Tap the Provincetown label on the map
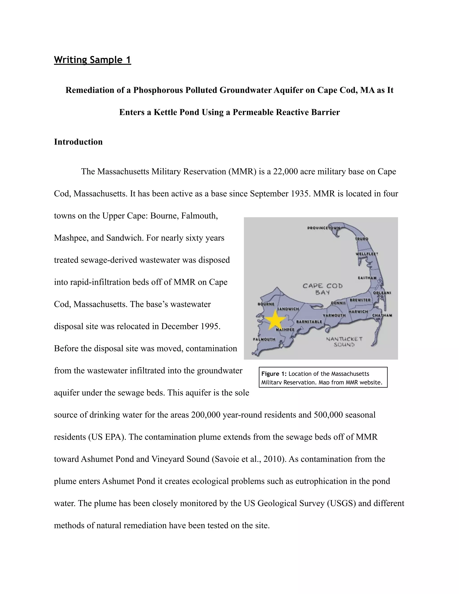[x=324, y=228]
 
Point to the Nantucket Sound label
[x=344, y=342]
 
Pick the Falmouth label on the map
[x=264, y=339]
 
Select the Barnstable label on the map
[x=309, y=321]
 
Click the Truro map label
[x=362, y=239]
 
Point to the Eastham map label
[x=367, y=278]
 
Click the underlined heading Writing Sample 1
[x=93, y=60]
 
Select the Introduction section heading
[x=78, y=142]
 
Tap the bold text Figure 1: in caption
[x=274, y=374]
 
